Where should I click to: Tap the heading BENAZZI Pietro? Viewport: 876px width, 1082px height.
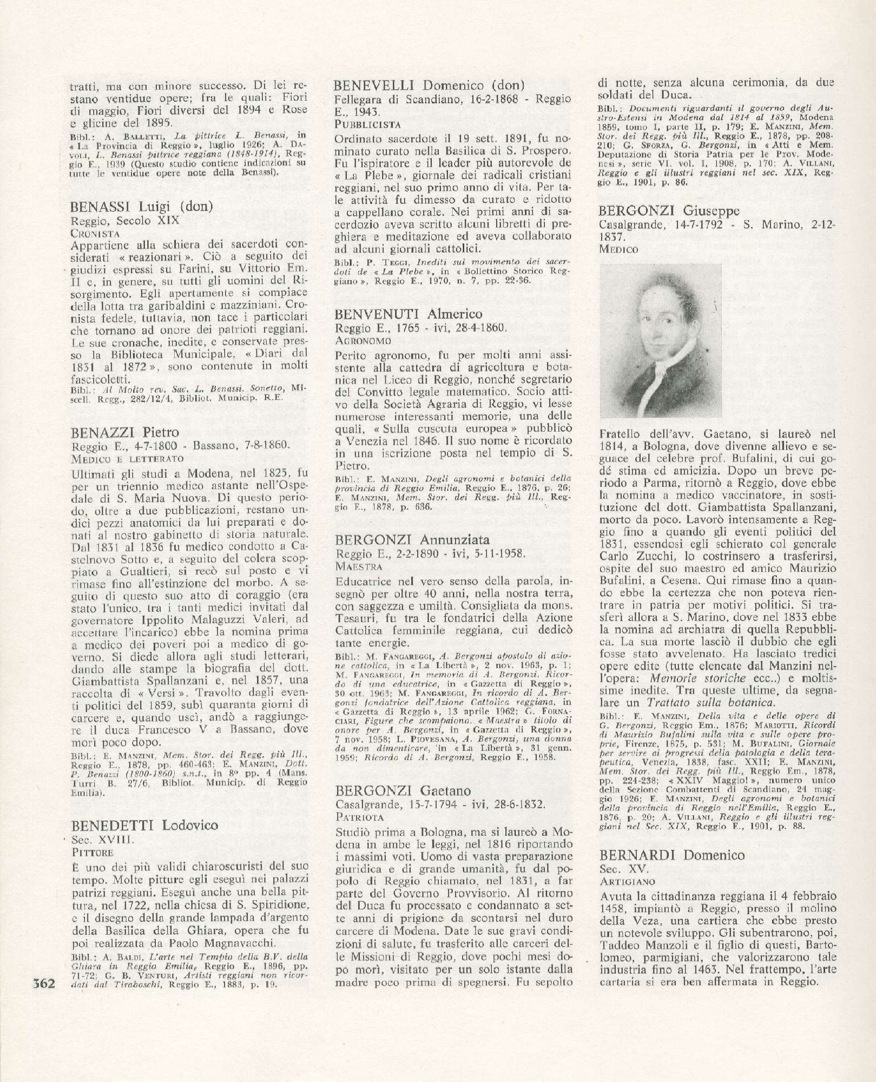[x=125, y=432]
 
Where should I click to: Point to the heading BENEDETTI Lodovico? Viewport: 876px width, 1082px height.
[x=144, y=826]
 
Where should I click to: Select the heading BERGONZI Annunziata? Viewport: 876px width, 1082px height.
[x=412, y=539]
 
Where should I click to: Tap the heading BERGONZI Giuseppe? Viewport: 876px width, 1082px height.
[x=669, y=210]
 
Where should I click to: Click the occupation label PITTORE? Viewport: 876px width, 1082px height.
[x=91, y=852]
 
